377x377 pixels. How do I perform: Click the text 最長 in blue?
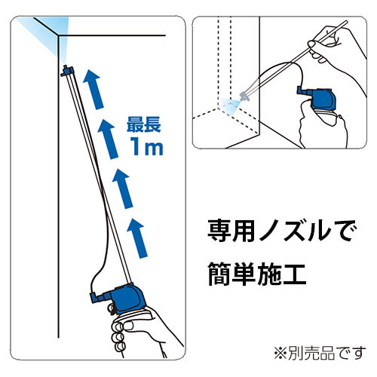pos(144,124)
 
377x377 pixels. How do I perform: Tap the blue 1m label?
pos(146,146)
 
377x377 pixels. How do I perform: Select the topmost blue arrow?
pos(93,90)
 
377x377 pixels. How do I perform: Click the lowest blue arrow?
pos(137,238)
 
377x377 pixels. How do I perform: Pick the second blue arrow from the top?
pos(108,139)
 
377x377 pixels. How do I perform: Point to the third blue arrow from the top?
pos(122,188)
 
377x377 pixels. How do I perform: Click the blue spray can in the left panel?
pos(126,299)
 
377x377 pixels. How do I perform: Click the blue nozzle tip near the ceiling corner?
pos(67,70)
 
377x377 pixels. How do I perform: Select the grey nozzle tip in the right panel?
pos(244,97)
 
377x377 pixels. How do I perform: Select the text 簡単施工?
pos(257,274)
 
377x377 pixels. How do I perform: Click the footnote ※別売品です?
pos(320,353)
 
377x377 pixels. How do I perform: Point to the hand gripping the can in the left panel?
pos(141,332)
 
